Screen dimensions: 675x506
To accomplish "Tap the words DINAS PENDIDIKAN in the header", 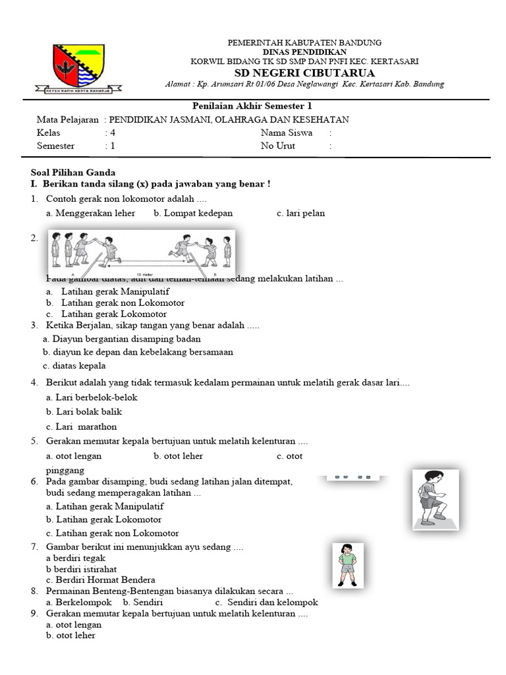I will (x=304, y=51).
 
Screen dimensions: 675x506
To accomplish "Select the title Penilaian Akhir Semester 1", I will (x=252, y=106).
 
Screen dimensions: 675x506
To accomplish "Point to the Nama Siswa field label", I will (x=287, y=132).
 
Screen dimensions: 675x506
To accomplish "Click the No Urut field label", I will (x=277, y=146).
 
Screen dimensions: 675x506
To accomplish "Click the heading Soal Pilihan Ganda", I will (x=73, y=172).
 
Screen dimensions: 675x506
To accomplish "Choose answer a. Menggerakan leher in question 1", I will (x=90, y=213).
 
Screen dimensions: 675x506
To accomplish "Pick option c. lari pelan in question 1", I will (x=300, y=213).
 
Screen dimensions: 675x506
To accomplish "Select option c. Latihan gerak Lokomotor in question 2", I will (x=106, y=314).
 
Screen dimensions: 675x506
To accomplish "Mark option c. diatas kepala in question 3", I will (x=74, y=366).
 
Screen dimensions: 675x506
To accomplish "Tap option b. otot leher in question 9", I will (x=70, y=635).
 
